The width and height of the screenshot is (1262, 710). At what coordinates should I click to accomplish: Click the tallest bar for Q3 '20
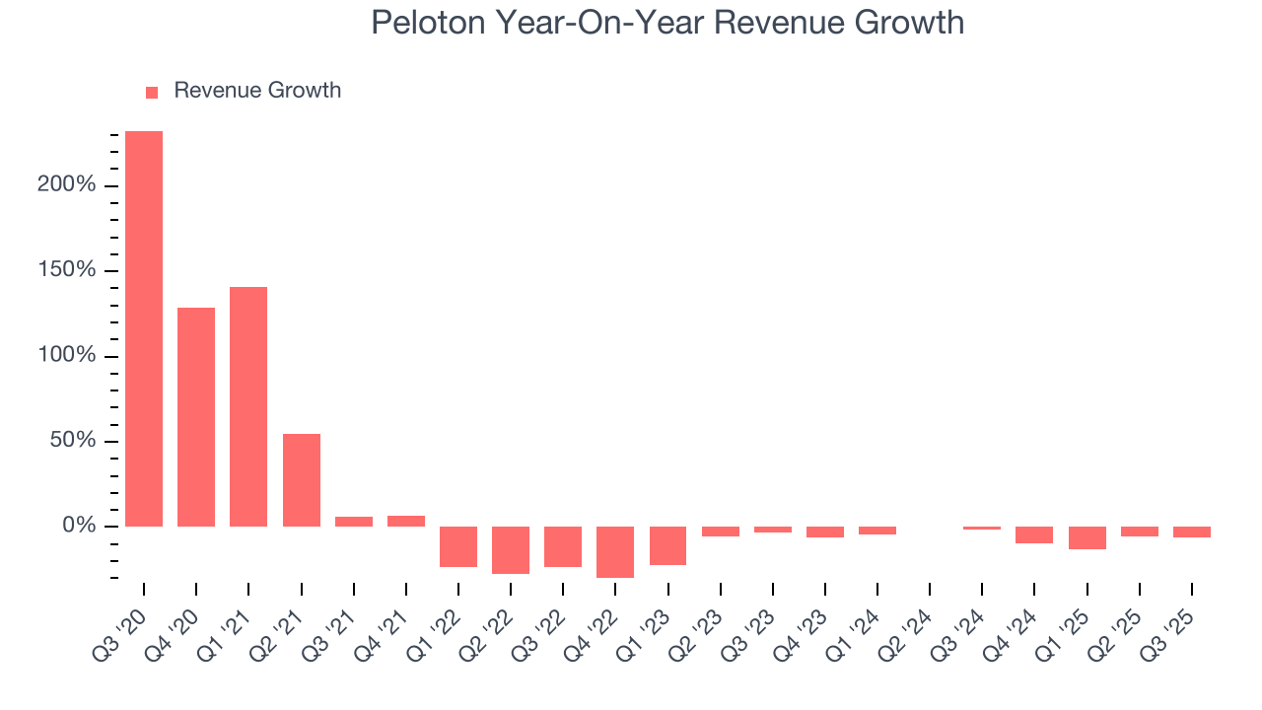(144, 328)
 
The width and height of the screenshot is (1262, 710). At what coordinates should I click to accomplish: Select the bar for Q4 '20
(196, 417)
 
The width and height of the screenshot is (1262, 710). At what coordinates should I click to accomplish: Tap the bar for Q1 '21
(248, 406)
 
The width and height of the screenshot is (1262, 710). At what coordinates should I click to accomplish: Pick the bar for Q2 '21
(302, 480)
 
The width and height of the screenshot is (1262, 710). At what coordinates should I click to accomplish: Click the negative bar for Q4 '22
(615, 551)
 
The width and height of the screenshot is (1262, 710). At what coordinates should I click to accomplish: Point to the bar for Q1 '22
(458, 546)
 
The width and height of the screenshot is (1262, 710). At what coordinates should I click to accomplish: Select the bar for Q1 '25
(1087, 537)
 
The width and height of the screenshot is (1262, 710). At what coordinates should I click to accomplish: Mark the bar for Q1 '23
(667, 545)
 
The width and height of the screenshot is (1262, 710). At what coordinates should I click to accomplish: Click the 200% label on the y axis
(68, 185)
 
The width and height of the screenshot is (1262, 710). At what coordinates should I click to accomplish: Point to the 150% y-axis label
(68, 270)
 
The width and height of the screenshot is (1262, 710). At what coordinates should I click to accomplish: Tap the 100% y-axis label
(68, 356)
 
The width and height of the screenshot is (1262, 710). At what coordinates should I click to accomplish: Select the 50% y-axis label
(73, 441)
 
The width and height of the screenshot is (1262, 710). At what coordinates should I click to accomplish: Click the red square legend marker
(152, 93)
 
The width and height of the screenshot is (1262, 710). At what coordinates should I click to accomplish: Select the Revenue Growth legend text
(257, 91)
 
